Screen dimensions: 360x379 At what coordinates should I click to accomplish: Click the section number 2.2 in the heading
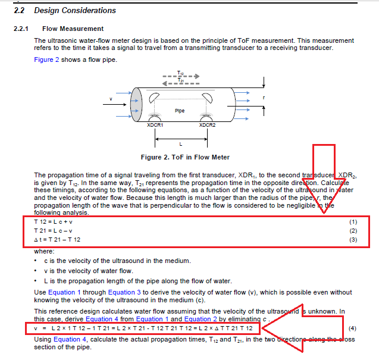coord(20,11)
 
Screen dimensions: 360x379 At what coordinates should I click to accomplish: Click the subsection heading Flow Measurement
coord(73,29)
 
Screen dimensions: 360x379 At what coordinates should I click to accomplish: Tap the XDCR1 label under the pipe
coord(155,126)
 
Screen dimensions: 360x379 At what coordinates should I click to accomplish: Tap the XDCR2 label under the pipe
coord(207,126)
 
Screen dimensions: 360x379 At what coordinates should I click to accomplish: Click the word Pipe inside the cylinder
coord(180,111)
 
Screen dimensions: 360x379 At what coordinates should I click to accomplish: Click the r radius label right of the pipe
coord(264,96)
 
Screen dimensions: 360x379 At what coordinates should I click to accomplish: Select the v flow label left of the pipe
coord(111,98)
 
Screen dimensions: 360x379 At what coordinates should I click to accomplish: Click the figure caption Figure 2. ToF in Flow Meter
coord(184,158)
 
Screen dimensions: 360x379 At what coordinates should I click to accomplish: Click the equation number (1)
coord(353,221)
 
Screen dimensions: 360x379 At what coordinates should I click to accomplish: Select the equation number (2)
coord(353,230)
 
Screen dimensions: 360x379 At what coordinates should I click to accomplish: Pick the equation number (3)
coord(353,239)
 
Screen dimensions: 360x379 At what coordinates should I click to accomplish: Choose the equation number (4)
coord(352,328)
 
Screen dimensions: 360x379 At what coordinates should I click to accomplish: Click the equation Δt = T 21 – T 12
coord(58,239)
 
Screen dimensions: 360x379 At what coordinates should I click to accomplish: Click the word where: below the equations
coord(45,251)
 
